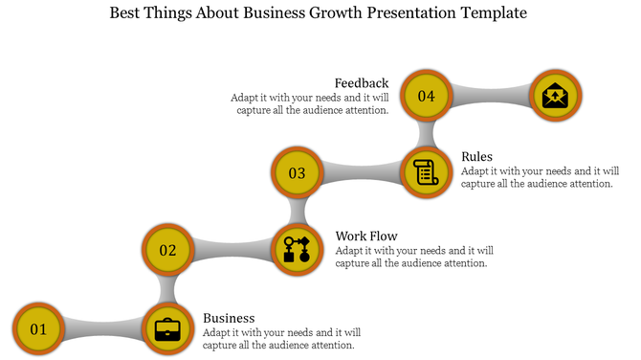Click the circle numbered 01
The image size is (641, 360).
38,329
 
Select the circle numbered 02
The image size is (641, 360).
167,251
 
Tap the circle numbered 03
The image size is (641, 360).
297,173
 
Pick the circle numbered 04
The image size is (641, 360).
426,96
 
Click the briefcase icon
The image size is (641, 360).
167,329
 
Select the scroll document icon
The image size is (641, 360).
426,173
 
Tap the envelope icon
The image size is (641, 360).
555,96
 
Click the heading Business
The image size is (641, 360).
229,318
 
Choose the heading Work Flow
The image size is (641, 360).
366,236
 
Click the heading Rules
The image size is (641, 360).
476,157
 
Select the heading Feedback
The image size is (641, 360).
362,83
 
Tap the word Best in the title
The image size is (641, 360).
130,14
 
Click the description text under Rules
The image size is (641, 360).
536,177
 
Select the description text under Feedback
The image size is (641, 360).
310,103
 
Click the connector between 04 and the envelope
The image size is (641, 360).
490,96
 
